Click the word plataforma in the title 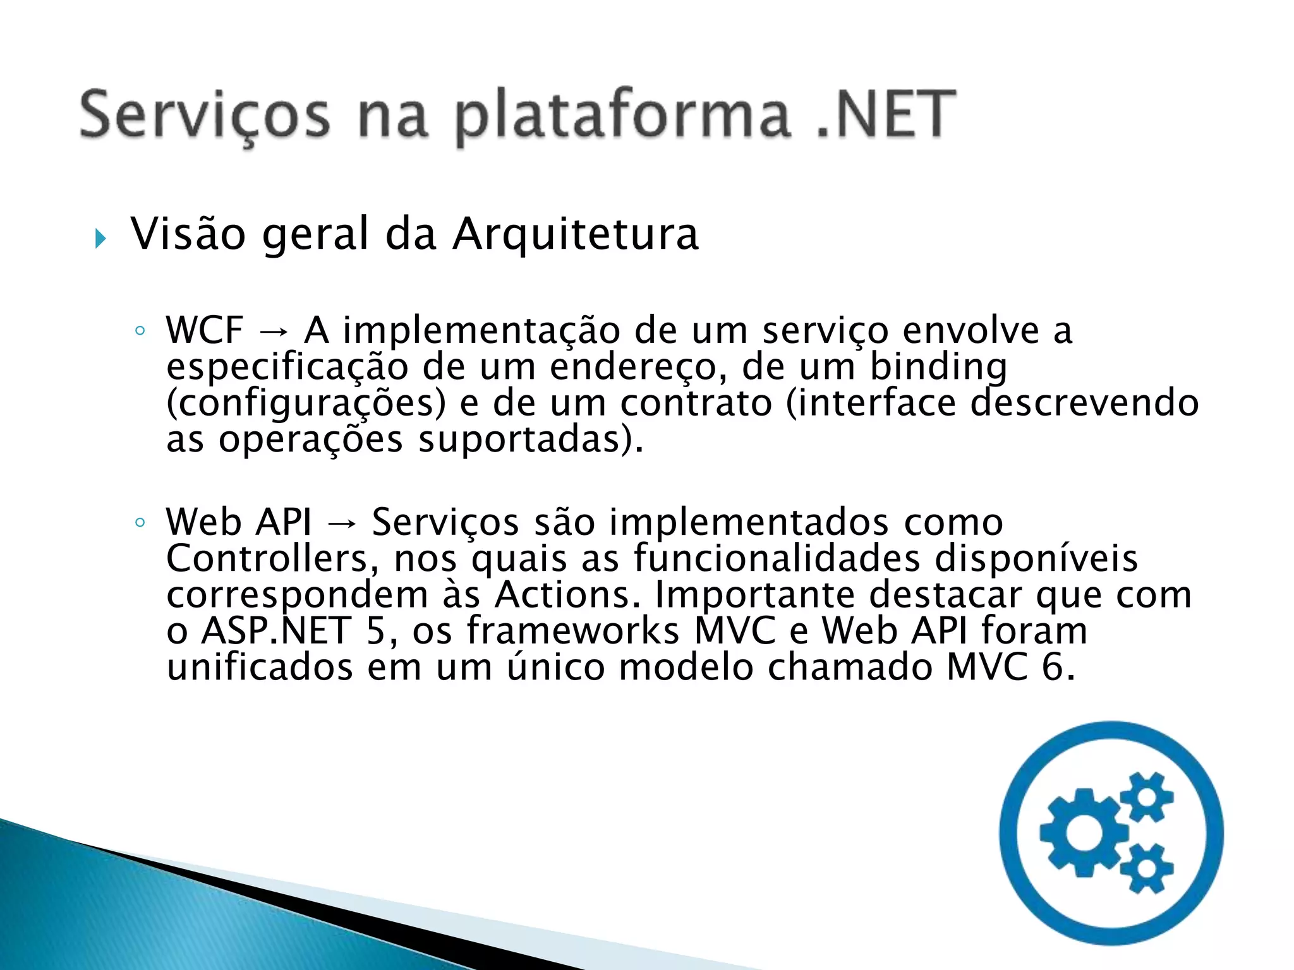[622, 116]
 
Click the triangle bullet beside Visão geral [100, 239]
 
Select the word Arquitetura [576, 234]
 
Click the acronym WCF [205, 330]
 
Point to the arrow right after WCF [274, 331]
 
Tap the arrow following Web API [342, 523]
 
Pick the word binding [938, 368]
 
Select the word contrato [696, 403]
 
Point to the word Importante [754, 594]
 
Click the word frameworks [572, 630]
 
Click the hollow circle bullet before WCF [140, 330]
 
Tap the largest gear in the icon [1084, 833]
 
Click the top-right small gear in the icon [1147, 796]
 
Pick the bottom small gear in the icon [1147, 868]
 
